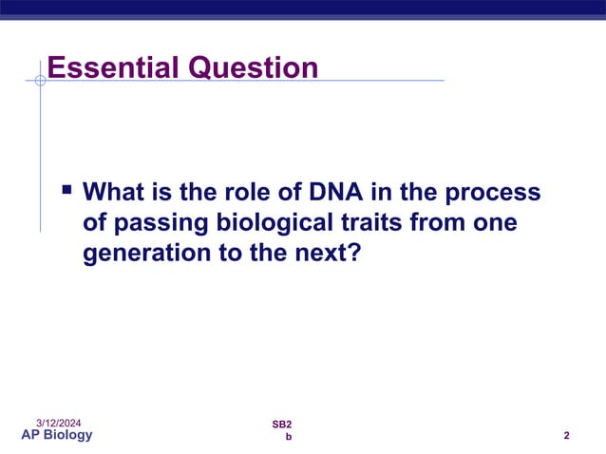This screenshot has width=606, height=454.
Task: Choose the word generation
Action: (x=144, y=255)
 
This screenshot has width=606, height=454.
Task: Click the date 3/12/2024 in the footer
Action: (x=59, y=421)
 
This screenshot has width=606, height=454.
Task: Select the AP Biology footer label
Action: (x=57, y=435)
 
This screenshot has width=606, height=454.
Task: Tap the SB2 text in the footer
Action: (x=282, y=423)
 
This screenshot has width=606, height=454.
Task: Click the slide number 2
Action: (x=566, y=436)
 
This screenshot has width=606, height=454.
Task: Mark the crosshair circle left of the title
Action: (x=40, y=81)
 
